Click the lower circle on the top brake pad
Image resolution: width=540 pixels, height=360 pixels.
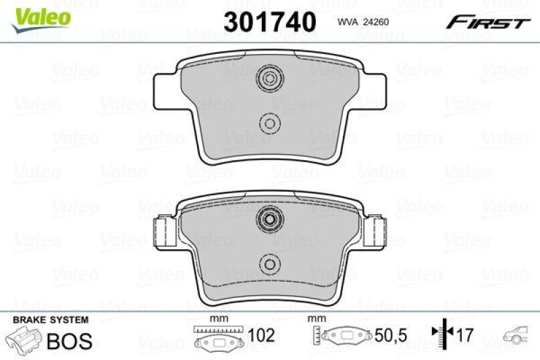[269, 123]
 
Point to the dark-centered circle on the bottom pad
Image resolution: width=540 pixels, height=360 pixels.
[269, 219]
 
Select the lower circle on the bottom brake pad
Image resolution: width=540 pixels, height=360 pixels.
[269, 264]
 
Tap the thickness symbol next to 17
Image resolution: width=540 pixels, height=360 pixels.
[442, 336]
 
